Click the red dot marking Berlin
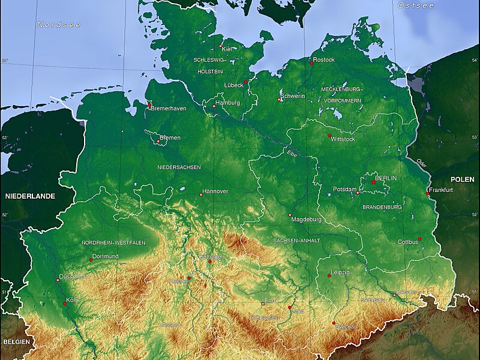coord(373,182)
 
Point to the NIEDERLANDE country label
coord(30,196)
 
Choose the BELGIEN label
coord(16,340)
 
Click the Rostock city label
coord(325,60)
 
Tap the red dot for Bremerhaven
coord(149,106)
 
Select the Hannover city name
coord(216,191)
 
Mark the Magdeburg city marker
coord(290,215)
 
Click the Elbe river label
coord(292,154)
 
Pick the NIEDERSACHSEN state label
coord(179,167)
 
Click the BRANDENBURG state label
coord(382,206)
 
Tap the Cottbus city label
coord(408,242)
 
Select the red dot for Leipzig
coord(329,275)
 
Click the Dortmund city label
coord(106,256)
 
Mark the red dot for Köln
coord(65,304)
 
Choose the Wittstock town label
coord(343,139)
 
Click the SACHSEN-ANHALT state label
coord(296,240)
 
